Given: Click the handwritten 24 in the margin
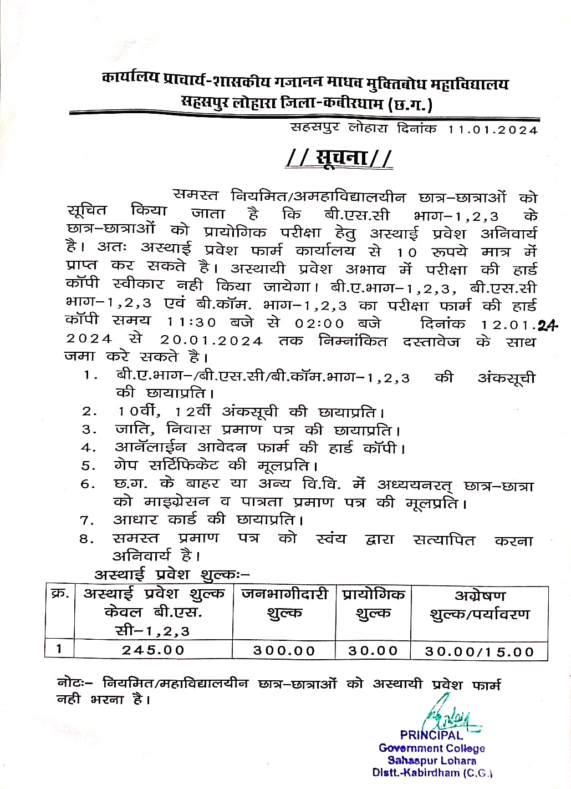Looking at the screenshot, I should click(547, 326).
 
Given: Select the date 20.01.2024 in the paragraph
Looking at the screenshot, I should click(211, 341).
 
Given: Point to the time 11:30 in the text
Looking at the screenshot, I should click(191, 323).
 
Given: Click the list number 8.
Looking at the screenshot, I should click(87, 539).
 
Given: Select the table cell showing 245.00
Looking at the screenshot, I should click(153, 650).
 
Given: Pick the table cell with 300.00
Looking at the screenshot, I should click(284, 651).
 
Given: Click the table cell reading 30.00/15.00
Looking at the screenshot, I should click(479, 651).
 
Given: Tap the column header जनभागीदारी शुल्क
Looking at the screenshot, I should click(284, 604).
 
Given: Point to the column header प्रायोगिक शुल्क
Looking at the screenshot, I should click(373, 604).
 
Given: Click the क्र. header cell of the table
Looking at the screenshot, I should click(60, 593).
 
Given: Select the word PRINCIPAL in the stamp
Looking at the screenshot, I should click(431, 736).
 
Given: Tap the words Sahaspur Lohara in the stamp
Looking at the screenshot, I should click(432, 761).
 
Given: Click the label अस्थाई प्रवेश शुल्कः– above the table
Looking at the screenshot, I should click(172, 574).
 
